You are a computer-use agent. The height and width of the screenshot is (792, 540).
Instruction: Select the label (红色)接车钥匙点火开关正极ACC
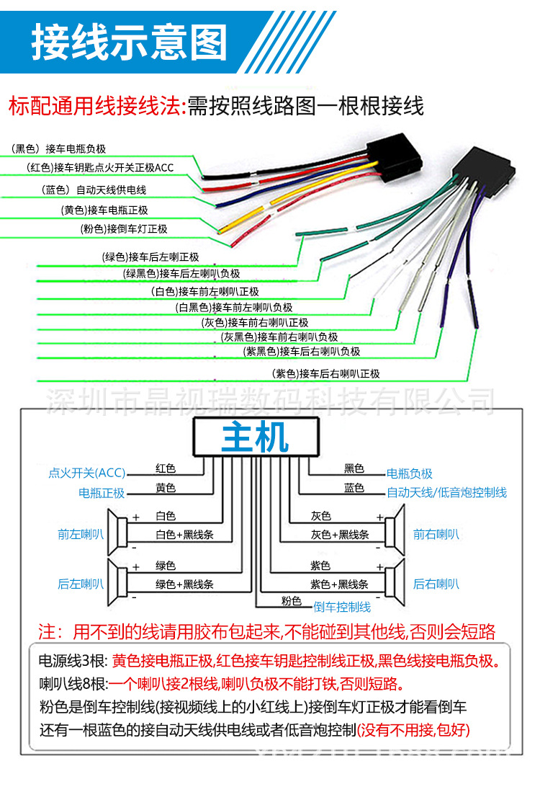click(100, 168)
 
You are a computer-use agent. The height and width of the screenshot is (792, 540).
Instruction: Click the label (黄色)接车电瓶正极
click(104, 210)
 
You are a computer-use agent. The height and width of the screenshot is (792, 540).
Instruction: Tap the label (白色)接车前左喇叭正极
click(205, 291)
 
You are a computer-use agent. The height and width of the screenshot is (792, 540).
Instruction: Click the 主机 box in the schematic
click(255, 437)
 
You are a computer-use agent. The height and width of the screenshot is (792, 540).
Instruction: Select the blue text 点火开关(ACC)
click(86, 473)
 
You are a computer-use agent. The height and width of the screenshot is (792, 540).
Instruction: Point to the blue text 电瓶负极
click(410, 473)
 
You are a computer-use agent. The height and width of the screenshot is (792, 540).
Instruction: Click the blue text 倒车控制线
click(342, 606)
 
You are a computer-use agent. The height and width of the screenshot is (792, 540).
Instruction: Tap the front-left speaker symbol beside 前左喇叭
click(117, 534)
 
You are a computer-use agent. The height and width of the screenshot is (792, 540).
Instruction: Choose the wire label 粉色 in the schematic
click(292, 600)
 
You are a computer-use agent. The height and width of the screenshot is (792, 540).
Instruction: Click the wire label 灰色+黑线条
click(340, 535)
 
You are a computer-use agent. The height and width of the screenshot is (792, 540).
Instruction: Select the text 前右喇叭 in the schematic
click(436, 534)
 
